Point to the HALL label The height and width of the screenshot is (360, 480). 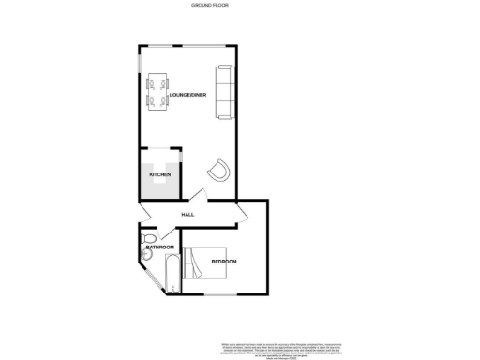tap(187, 214)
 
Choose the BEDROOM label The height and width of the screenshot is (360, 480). tap(224, 261)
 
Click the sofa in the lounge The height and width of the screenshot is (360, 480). tap(223, 92)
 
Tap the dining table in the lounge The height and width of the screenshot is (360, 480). tap(156, 92)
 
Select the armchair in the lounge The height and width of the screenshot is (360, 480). tap(219, 170)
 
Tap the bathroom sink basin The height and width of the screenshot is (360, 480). tap(143, 240)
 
